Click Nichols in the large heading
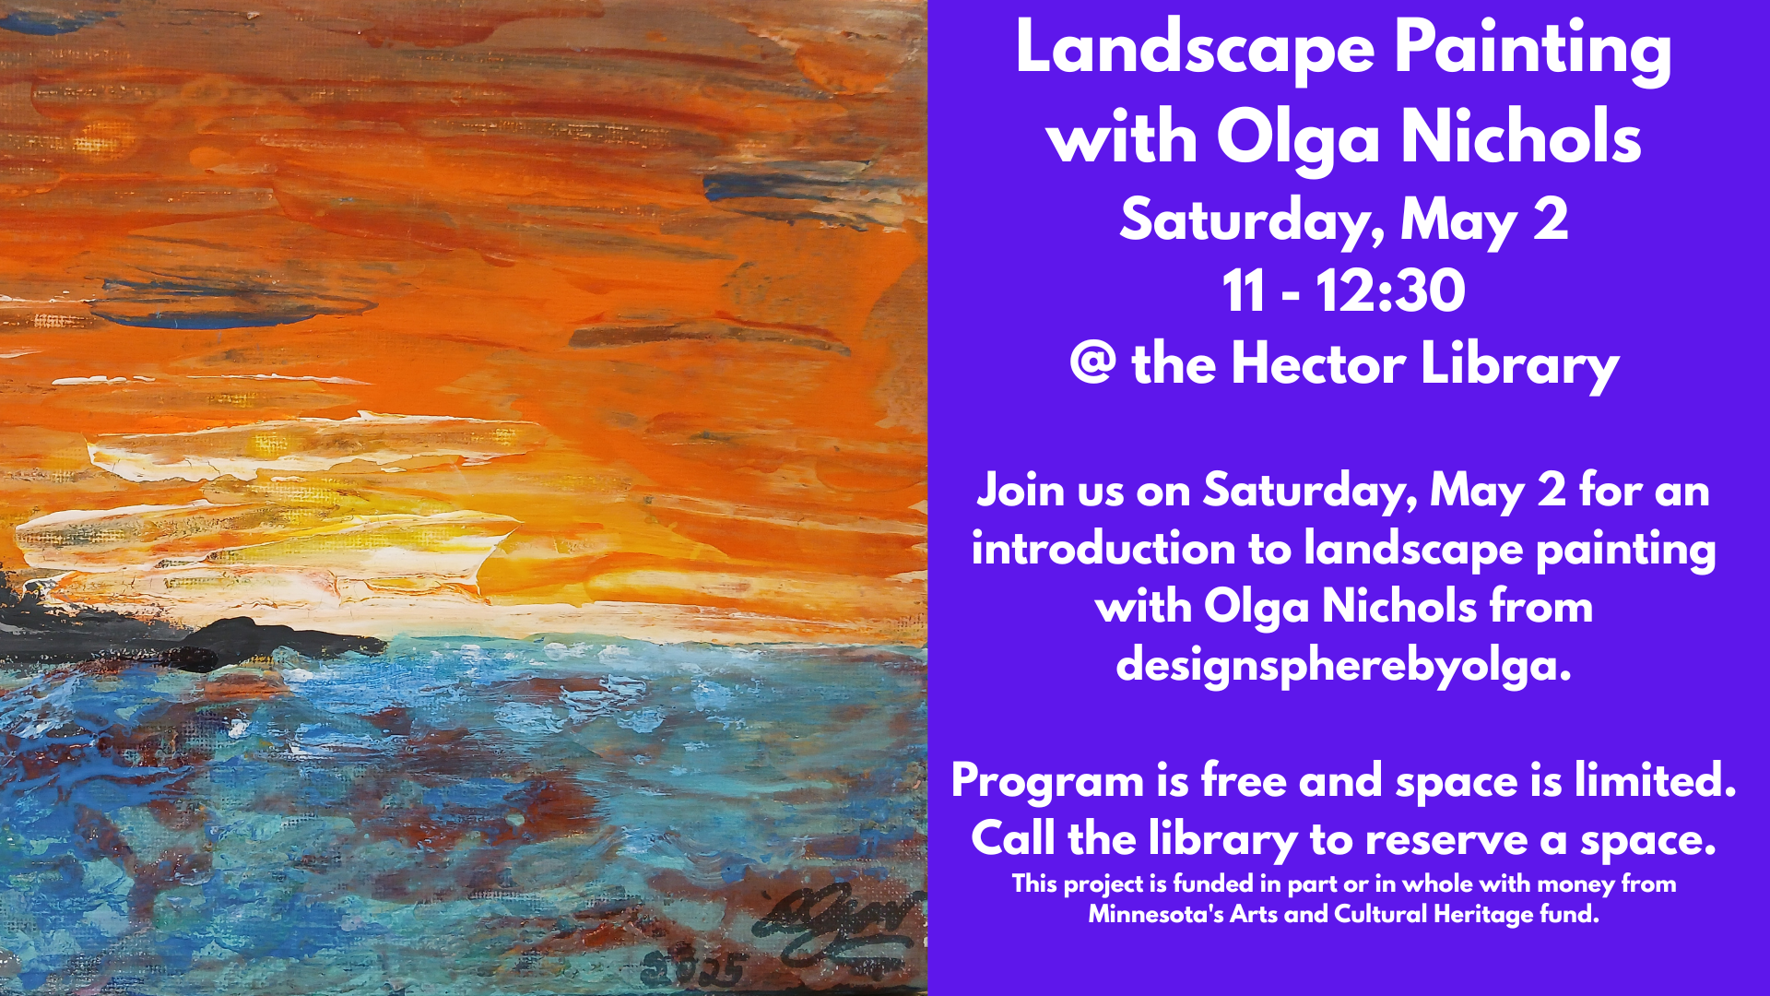[x=1521, y=136]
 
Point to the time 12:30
[x=1390, y=291]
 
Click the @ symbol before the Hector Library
[x=1092, y=363]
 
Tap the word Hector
[x=1317, y=363]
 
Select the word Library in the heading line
[x=1519, y=365]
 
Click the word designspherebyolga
[x=1342, y=664]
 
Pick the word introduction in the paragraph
[x=1103, y=550]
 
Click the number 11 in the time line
[x=1244, y=291]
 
